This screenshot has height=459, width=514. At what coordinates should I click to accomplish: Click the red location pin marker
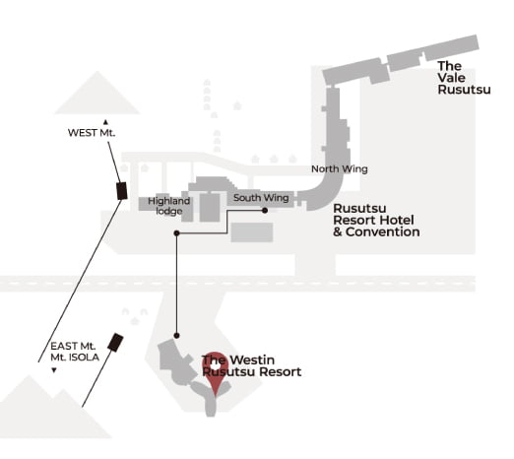215,371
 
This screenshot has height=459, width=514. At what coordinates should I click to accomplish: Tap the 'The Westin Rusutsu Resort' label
251,365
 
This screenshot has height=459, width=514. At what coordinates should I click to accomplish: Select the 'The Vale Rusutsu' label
464,78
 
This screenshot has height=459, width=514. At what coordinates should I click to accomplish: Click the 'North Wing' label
340,169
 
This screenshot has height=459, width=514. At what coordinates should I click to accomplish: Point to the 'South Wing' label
261,198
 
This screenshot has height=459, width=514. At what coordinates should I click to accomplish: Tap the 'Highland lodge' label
168,206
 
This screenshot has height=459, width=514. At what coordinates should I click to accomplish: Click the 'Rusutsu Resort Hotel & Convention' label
376,220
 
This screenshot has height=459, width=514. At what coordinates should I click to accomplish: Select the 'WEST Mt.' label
92,133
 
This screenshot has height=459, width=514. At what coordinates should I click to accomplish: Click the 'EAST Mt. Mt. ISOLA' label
75,352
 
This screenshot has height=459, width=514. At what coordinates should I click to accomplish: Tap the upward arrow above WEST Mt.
105,122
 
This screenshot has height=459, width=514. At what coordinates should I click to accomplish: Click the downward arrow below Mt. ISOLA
54,370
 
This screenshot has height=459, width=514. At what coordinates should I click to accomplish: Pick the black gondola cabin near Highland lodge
122,191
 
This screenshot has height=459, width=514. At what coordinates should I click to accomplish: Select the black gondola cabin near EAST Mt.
115,343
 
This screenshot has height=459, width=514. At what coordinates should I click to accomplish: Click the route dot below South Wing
265,211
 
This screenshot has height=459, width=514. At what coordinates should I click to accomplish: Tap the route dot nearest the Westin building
176,336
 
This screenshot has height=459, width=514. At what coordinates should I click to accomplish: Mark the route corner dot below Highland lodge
176,233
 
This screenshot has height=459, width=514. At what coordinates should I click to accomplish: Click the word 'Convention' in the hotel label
383,232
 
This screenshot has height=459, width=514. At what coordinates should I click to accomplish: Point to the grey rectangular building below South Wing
252,232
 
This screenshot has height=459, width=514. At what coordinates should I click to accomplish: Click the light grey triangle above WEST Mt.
97,93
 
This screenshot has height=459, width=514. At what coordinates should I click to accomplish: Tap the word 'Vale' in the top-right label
452,78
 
